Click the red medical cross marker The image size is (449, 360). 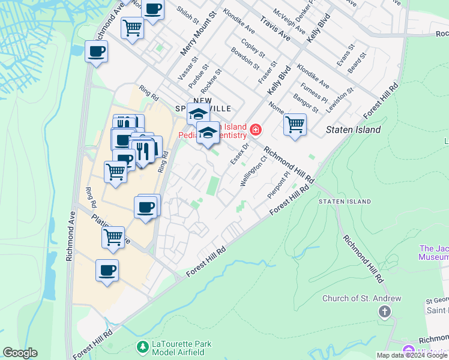click(256, 130)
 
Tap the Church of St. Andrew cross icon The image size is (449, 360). click(384, 311)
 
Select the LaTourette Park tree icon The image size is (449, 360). click(143, 347)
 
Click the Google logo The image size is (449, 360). click(20, 353)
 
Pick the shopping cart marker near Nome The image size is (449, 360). click(295, 125)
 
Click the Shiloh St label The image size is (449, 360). click(191, 16)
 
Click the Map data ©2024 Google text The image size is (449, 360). click(412, 355)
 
